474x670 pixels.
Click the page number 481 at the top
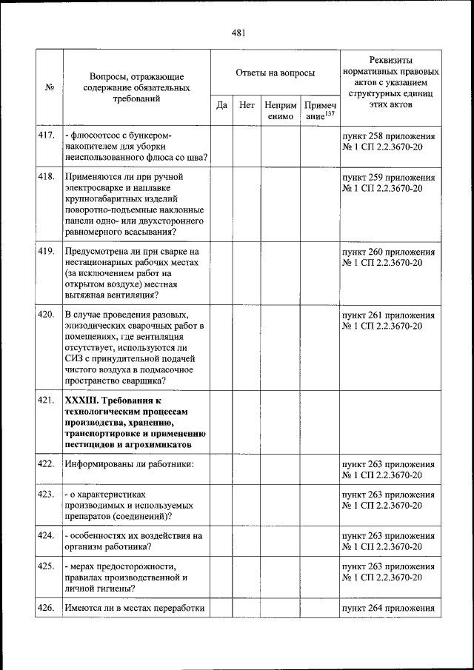[238, 33]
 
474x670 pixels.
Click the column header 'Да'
[221, 105]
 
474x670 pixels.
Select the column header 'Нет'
[247, 105]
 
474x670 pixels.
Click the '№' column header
[50, 87]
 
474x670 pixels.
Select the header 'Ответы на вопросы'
[275, 73]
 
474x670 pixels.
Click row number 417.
[47, 136]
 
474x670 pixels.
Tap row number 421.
[47, 401]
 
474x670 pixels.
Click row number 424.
[47, 535]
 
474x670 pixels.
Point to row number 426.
[47, 609]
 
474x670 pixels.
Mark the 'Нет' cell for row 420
[247, 347]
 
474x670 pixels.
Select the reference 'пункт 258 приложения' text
[388, 136]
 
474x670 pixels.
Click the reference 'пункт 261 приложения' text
[388, 315]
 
